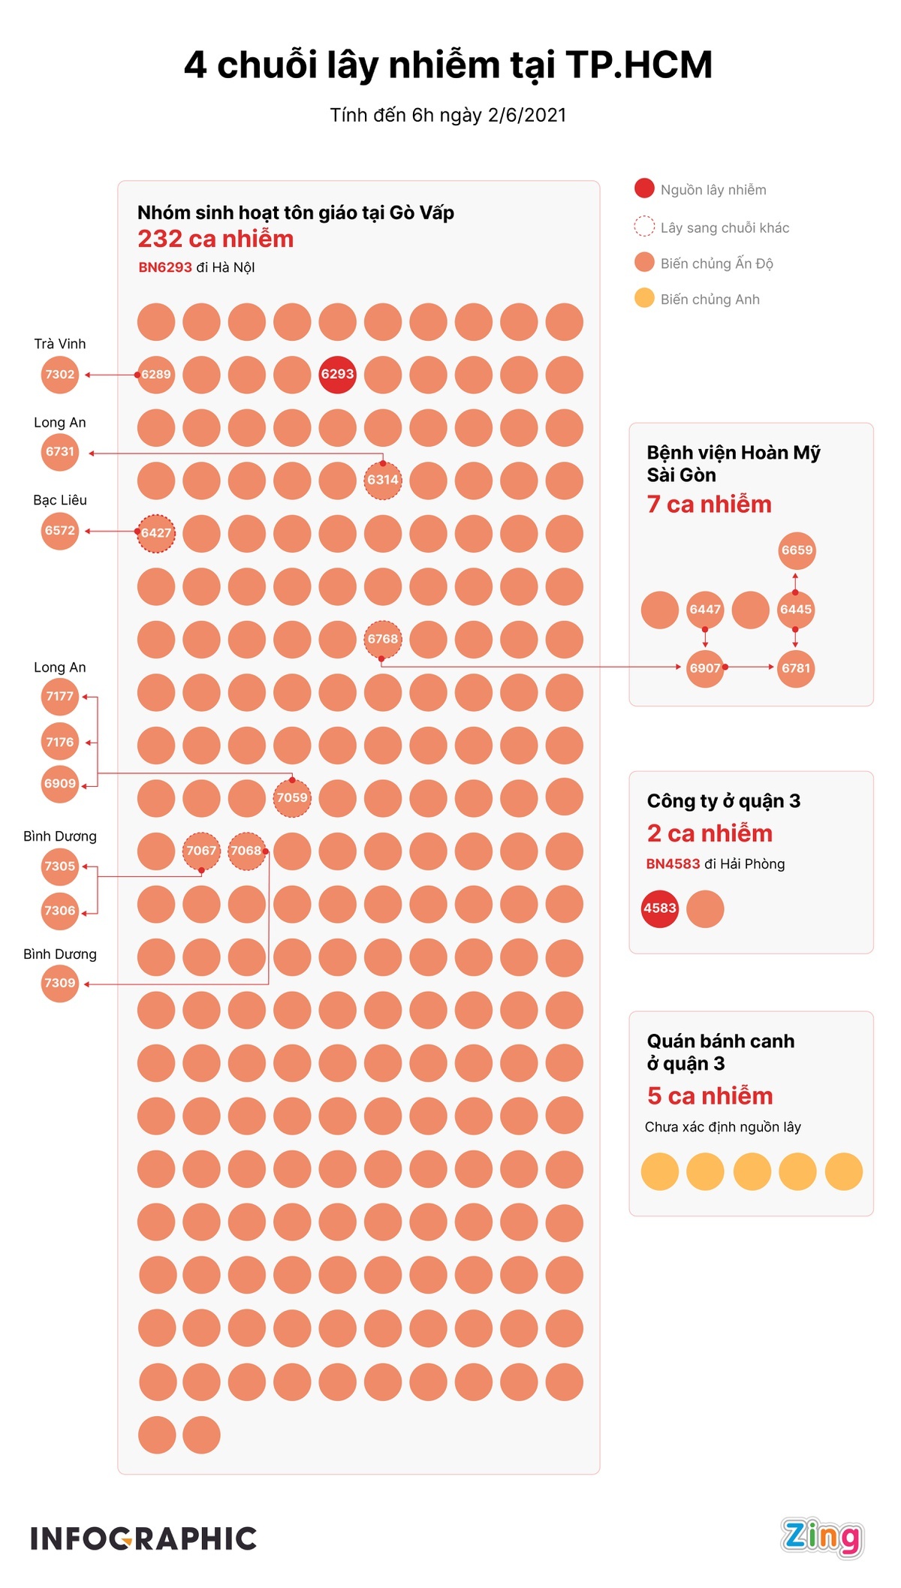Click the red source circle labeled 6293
pyautogui.click(x=337, y=374)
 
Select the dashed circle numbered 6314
pyautogui.click(x=383, y=480)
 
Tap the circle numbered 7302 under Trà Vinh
pyautogui.click(x=60, y=374)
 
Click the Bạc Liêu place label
pyautogui.click(x=60, y=500)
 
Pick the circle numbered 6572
pyautogui.click(x=60, y=531)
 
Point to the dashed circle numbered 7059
pyautogui.click(x=292, y=797)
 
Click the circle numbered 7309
pyautogui.click(x=60, y=983)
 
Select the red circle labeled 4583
pyautogui.click(x=660, y=909)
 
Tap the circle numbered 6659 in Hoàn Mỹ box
pyautogui.click(x=797, y=550)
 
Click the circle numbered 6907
pyautogui.click(x=705, y=668)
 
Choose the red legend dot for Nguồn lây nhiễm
pyautogui.click(x=644, y=188)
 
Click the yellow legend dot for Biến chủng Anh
pyautogui.click(x=644, y=298)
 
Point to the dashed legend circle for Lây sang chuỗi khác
pyautogui.click(x=644, y=226)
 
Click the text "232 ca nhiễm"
pyautogui.click(x=215, y=239)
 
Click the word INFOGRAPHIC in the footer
pyautogui.click(x=143, y=1538)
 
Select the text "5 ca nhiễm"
pyautogui.click(x=710, y=1096)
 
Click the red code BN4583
pyautogui.click(x=673, y=864)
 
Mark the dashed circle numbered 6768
pyautogui.click(x=383, y=639)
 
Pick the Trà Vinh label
pyautogui.click(x=60, y=344)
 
